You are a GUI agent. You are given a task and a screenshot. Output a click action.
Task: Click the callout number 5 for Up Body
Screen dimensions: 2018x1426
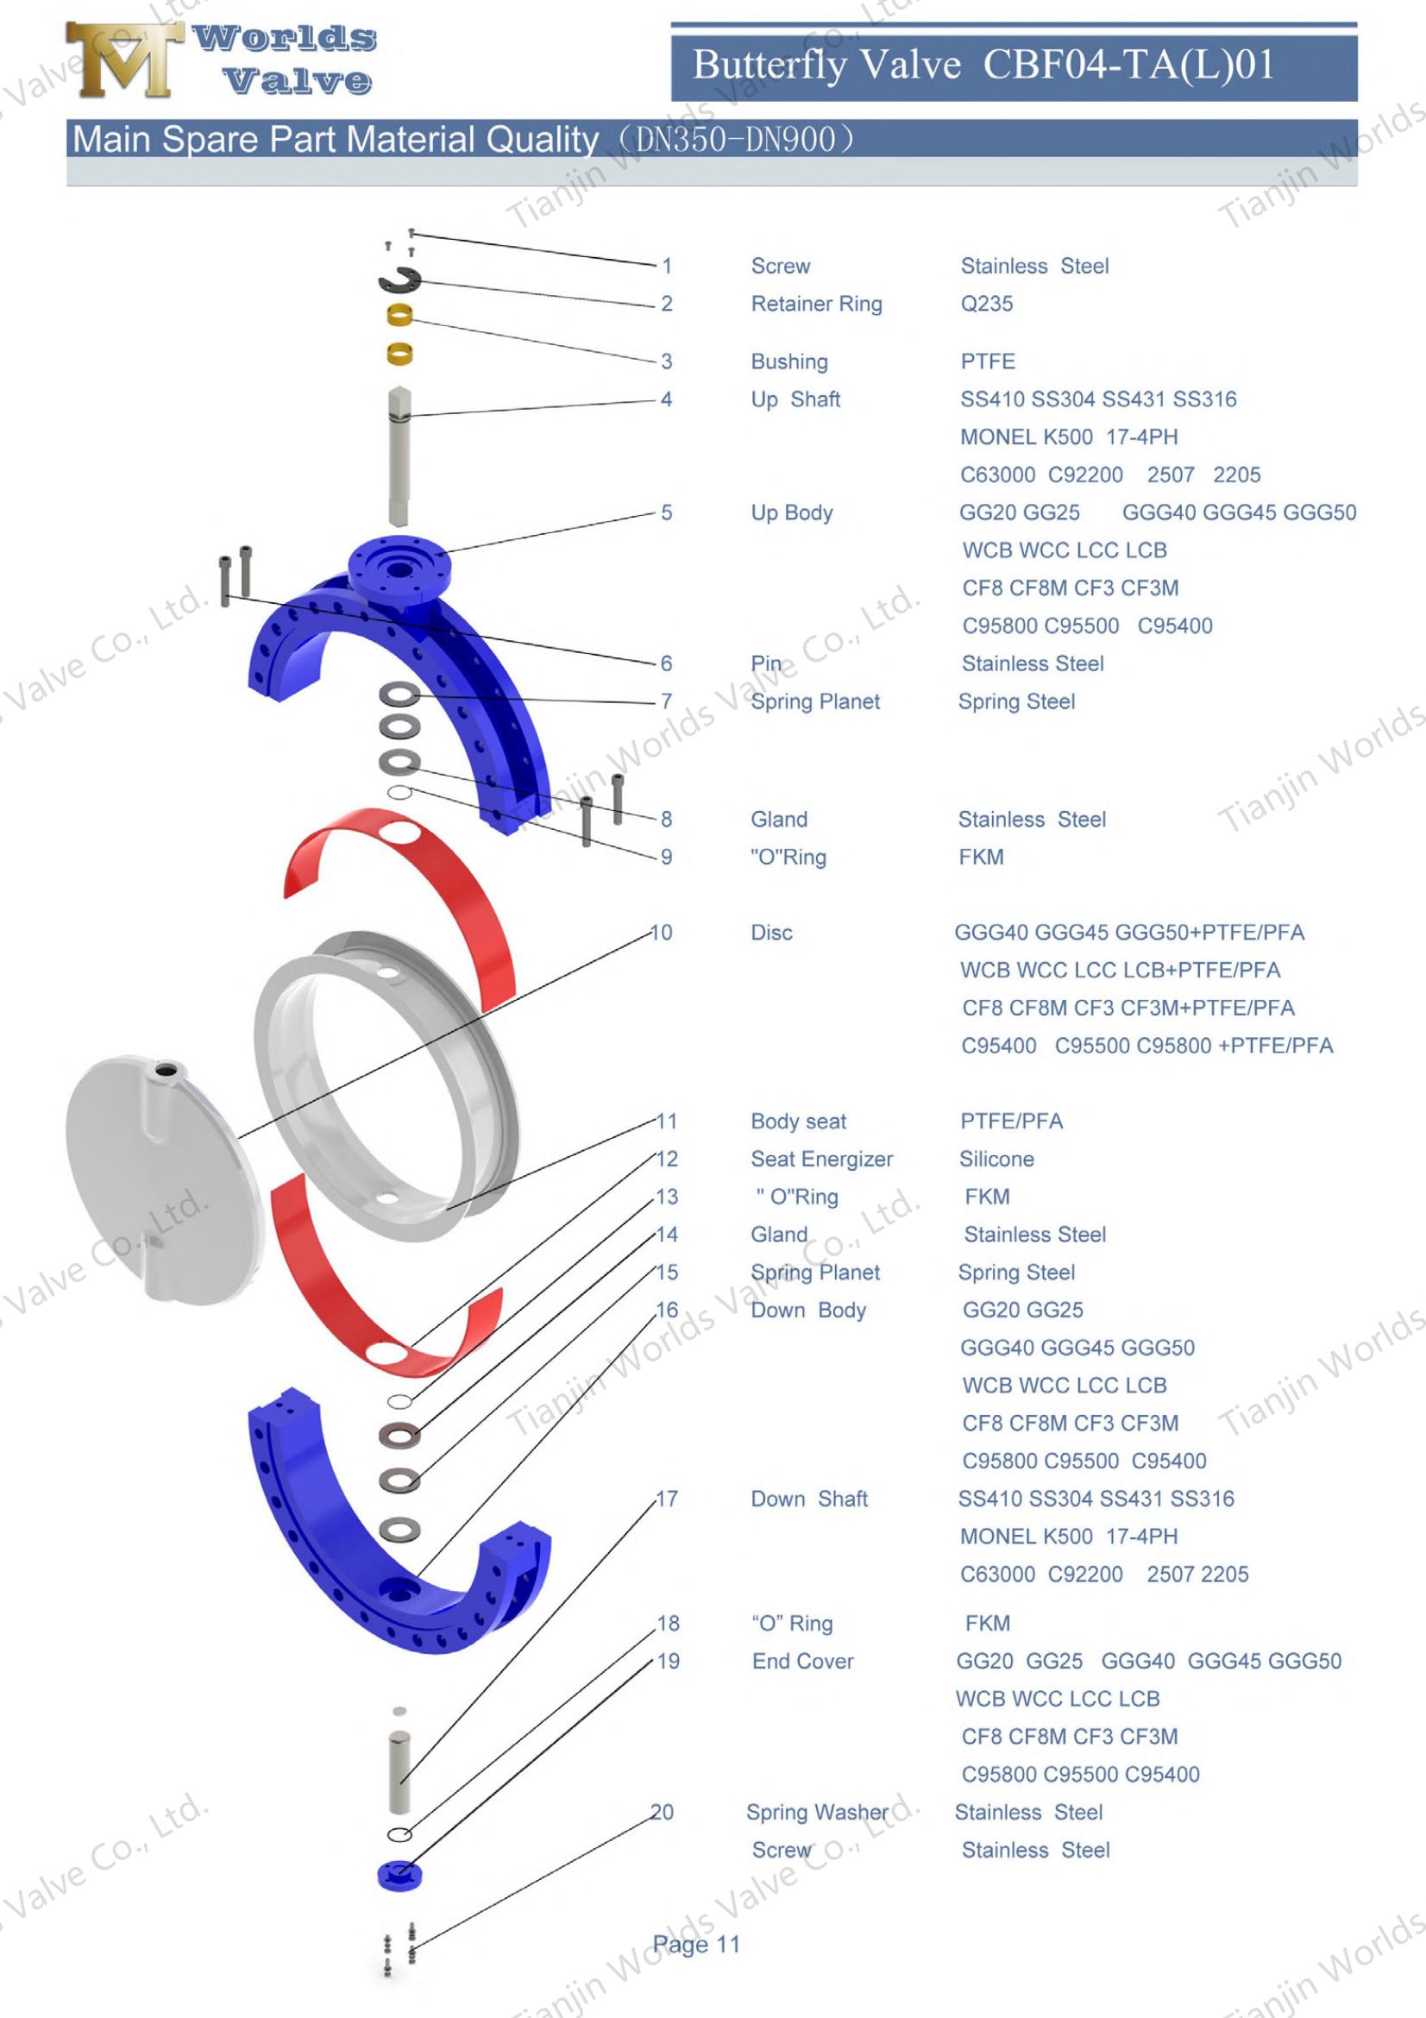point(667,512)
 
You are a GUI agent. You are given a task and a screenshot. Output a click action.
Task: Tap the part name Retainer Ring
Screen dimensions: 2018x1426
point(816,304)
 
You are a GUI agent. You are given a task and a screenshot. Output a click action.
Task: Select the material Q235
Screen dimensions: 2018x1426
point(987,304)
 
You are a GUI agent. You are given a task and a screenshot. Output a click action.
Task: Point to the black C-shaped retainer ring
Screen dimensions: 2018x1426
point(399,281)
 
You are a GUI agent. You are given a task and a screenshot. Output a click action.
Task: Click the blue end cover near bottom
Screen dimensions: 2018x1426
point(399,1874)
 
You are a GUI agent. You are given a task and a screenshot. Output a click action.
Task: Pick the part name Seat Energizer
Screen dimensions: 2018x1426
point(821,1160)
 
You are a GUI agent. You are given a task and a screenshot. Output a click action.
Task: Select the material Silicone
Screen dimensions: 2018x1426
point(996,1160)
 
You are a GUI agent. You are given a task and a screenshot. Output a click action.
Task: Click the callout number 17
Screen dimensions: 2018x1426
point(668,1499)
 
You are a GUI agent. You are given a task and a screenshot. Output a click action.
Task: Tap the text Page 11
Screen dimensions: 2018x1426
point(696,1944)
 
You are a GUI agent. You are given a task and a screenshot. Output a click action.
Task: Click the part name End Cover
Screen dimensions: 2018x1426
point(802,1661)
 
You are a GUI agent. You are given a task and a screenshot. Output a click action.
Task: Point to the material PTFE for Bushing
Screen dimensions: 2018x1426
point(988,361)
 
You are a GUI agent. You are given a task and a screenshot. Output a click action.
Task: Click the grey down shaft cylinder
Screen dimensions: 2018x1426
point(399,1772)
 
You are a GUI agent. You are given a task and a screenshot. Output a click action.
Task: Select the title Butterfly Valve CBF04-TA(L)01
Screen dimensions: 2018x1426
point(983,64)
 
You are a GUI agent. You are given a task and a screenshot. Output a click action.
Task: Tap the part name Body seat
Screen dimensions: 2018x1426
point(798,1122)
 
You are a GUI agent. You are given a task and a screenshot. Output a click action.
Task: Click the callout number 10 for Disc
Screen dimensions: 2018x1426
point(662,933)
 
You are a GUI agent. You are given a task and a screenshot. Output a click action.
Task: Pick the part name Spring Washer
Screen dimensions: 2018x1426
point(817,1813)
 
